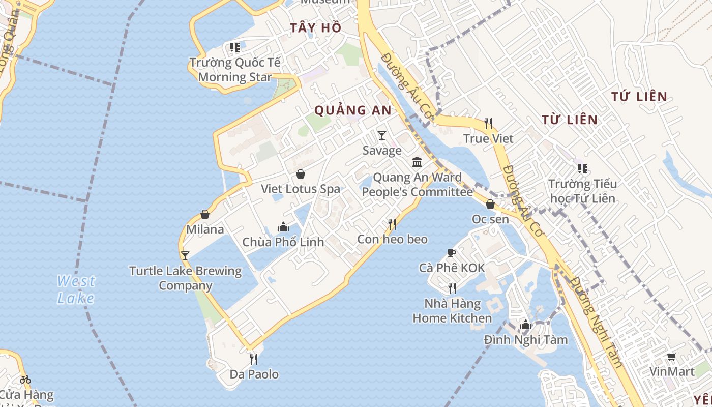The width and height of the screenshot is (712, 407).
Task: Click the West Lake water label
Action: (76, 289)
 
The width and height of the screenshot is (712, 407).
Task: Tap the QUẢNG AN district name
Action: (353, 110)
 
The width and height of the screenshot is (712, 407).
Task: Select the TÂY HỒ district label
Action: (316, 28)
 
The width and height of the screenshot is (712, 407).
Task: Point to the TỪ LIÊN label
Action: (569, 120)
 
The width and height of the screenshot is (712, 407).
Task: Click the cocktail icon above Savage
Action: (382, 135)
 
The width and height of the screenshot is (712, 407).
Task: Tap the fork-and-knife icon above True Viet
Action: (488, 123)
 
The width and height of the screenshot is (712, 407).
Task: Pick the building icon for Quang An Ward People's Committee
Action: (418, 162)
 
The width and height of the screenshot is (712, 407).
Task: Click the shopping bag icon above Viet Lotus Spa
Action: (301, 174)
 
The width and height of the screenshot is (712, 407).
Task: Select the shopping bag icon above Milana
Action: (205, 214)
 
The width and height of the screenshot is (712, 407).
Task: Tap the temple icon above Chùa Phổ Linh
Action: (283, 227)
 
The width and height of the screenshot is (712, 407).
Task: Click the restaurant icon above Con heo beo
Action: (392, 224)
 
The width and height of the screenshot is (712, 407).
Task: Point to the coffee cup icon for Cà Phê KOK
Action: (451, 253)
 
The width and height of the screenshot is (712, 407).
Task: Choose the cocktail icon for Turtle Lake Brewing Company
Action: (185, 255)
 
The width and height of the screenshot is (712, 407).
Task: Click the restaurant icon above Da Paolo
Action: (254, 359)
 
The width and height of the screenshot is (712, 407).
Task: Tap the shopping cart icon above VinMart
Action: (672, 357)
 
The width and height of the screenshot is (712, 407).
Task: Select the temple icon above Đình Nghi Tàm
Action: (526, 325)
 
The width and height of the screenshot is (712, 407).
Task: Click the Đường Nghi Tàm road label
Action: (596, 322)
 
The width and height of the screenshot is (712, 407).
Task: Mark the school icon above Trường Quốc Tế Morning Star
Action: (234, 47)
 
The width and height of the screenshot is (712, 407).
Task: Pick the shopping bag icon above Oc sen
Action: (490, 204)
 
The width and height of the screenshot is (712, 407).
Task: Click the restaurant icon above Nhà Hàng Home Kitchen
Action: (452, 288)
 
